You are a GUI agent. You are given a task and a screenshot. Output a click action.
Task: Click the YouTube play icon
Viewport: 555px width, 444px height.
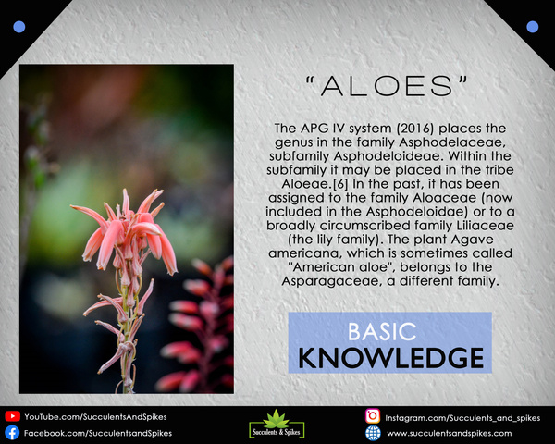click(x=12, y=416)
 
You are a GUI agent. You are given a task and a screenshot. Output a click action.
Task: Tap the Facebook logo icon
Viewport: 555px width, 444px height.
click(x=12, y=433)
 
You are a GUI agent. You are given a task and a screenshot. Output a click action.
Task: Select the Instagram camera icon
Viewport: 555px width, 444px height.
click(x=373, y=416)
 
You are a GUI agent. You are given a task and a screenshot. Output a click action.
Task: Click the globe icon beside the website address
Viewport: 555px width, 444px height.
click(x=373, y=433)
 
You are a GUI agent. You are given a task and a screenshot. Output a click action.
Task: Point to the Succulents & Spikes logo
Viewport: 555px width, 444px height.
click(x=277, y=424)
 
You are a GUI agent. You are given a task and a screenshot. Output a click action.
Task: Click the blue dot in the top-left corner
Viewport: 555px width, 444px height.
click(x=19, y=27)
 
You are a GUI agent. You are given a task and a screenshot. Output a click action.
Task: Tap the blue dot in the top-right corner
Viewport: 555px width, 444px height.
click(x=533, y=27)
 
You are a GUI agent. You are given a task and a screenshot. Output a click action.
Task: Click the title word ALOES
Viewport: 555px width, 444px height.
click(x=387, y=86)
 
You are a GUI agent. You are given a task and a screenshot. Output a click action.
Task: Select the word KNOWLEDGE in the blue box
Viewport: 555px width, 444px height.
click(x=390, y=358)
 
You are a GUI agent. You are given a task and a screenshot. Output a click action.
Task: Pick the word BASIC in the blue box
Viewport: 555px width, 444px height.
click(x=382, y=332)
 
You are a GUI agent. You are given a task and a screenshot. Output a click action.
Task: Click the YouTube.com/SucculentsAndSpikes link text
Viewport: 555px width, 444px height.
click(x=95, y=417)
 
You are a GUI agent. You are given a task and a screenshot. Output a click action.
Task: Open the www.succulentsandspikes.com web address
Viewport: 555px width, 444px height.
click(x=450, y=434)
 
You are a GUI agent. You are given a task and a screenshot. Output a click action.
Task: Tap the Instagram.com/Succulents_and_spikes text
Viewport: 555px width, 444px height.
click(x=462, y=418)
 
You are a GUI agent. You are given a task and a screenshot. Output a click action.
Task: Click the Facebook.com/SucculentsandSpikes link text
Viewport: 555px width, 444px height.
click(x=98, y=433)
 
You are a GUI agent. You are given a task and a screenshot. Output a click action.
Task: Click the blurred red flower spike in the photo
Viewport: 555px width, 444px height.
click(x=198, y=326)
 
